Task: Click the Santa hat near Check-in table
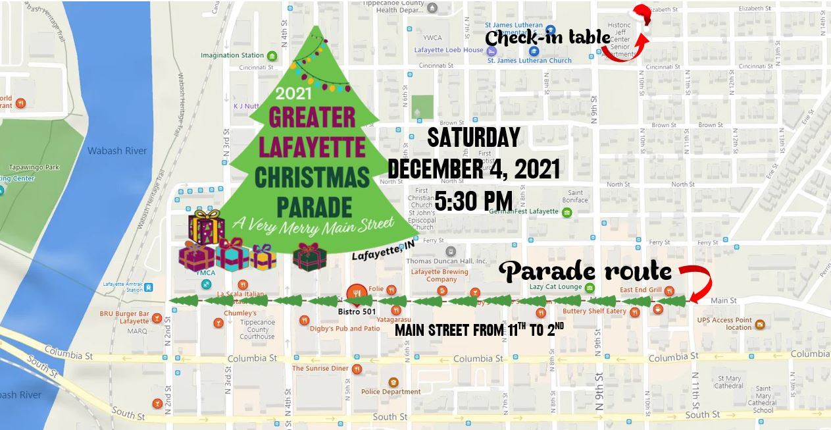(x=641, y=17)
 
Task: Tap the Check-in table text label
(x=547, y=38)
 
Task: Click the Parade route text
(x=586, y=271)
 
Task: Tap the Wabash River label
(x=117, y=151)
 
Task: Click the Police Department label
(x=391, y=392)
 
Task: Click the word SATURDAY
(x=474, y=138)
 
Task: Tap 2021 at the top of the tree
(x=294, y=93)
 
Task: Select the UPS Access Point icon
(x=760, y=324)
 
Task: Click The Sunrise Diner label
(x=320, y=369)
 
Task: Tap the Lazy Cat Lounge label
(x=555, y=287)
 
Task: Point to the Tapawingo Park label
(x=34, y=167)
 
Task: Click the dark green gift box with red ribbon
(x=309, y=257)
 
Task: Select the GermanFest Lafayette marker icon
(x=567, y=212)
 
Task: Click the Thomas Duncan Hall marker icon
(x=451, y=252)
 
